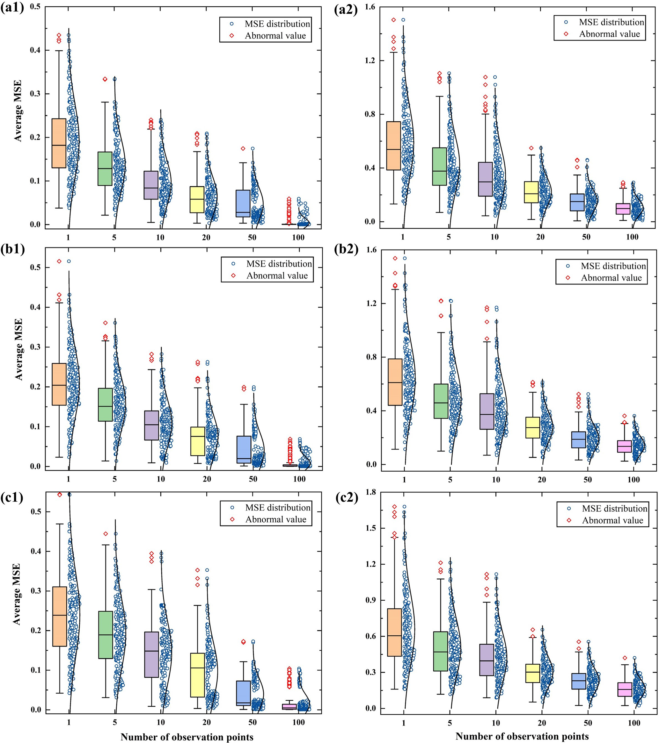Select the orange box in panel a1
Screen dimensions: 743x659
(59, 143)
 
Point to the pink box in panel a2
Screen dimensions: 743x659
(623, 209)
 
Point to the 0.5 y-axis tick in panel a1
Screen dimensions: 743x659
(35, 7)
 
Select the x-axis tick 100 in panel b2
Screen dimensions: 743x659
(633, 479)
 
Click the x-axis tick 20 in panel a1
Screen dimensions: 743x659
(206, 237)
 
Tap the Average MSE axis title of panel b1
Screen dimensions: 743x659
(18, 349)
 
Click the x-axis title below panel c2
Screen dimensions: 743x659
(522, 736)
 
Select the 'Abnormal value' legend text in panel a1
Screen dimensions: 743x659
(275, 36)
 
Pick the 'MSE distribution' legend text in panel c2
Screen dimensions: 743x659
(615, 508)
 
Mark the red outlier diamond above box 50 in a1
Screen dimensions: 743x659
(243, 148)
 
